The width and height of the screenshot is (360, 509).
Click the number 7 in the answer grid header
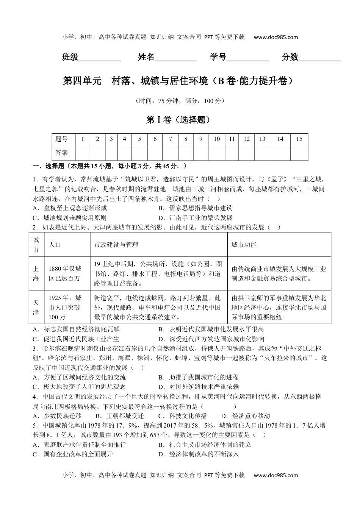171,139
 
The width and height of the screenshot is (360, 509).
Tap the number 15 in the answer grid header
299,139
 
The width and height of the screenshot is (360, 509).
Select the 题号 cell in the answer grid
61,139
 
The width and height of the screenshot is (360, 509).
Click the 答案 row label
61,153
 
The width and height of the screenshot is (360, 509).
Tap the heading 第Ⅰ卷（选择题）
178,120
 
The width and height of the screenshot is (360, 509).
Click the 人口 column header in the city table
55,245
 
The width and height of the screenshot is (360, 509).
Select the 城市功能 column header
244,245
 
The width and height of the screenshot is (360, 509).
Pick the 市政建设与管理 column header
116,245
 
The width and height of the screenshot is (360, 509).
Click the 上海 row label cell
36,274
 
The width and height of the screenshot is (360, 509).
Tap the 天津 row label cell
36,307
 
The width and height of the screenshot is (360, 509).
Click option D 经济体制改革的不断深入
199,454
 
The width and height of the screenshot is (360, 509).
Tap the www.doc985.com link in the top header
275,37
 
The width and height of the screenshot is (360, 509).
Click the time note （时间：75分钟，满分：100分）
180,101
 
